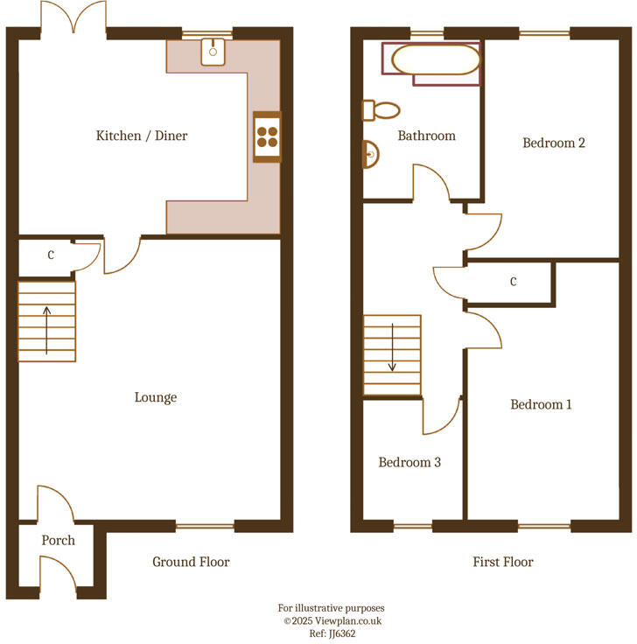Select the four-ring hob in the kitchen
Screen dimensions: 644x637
tap(267, 136)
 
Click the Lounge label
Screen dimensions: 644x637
tap(156, 397)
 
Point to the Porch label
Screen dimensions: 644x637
tap(59, 541)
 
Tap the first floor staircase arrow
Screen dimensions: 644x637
tap(392, 347)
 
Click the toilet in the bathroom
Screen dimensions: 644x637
tap(381, 110)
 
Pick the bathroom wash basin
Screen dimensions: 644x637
tap(372, 156)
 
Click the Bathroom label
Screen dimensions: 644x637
tap(427, 136)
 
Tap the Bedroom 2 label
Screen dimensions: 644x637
tap(554, 143)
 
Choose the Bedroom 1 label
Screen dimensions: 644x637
tap(542, 404)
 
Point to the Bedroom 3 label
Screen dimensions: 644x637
tap(409, 462)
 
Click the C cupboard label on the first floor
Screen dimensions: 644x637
tap(513, 282)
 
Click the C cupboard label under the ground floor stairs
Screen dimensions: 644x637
tap(51, 255)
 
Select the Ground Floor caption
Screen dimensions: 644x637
tap(191, 562)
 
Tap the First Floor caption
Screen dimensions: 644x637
tap(502, 562)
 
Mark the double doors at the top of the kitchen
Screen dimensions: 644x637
tap(73, 19)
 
